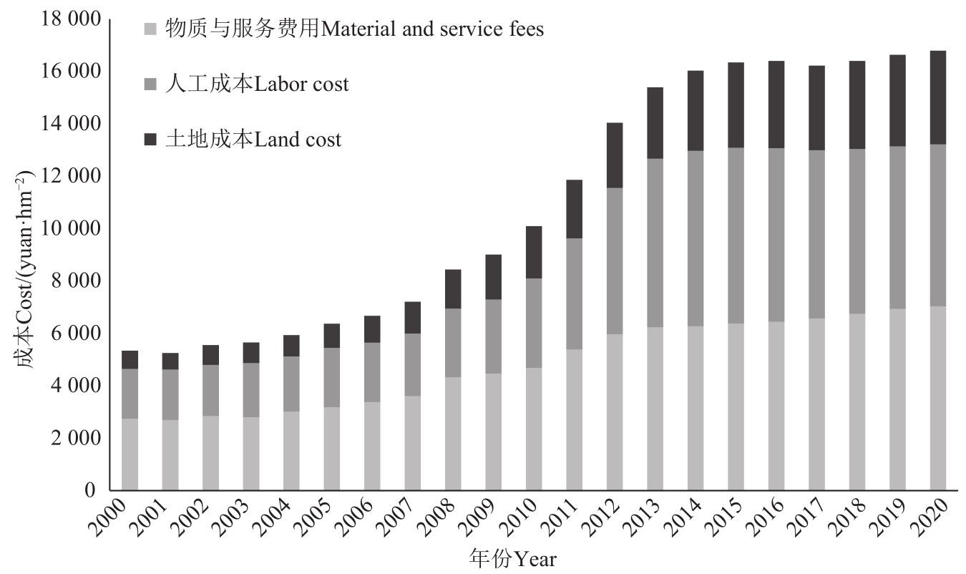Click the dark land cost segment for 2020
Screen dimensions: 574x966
(938, 97)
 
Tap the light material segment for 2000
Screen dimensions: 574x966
(130, 454)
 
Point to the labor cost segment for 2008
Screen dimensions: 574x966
(453, 343)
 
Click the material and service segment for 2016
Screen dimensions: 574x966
(776, 406)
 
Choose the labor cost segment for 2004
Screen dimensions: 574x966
(291, 384)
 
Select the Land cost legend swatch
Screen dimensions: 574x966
(150, 140)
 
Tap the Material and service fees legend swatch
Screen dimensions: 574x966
(150, 29)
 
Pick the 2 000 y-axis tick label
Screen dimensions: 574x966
(70, 439)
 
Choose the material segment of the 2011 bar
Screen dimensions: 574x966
(574, 419)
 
